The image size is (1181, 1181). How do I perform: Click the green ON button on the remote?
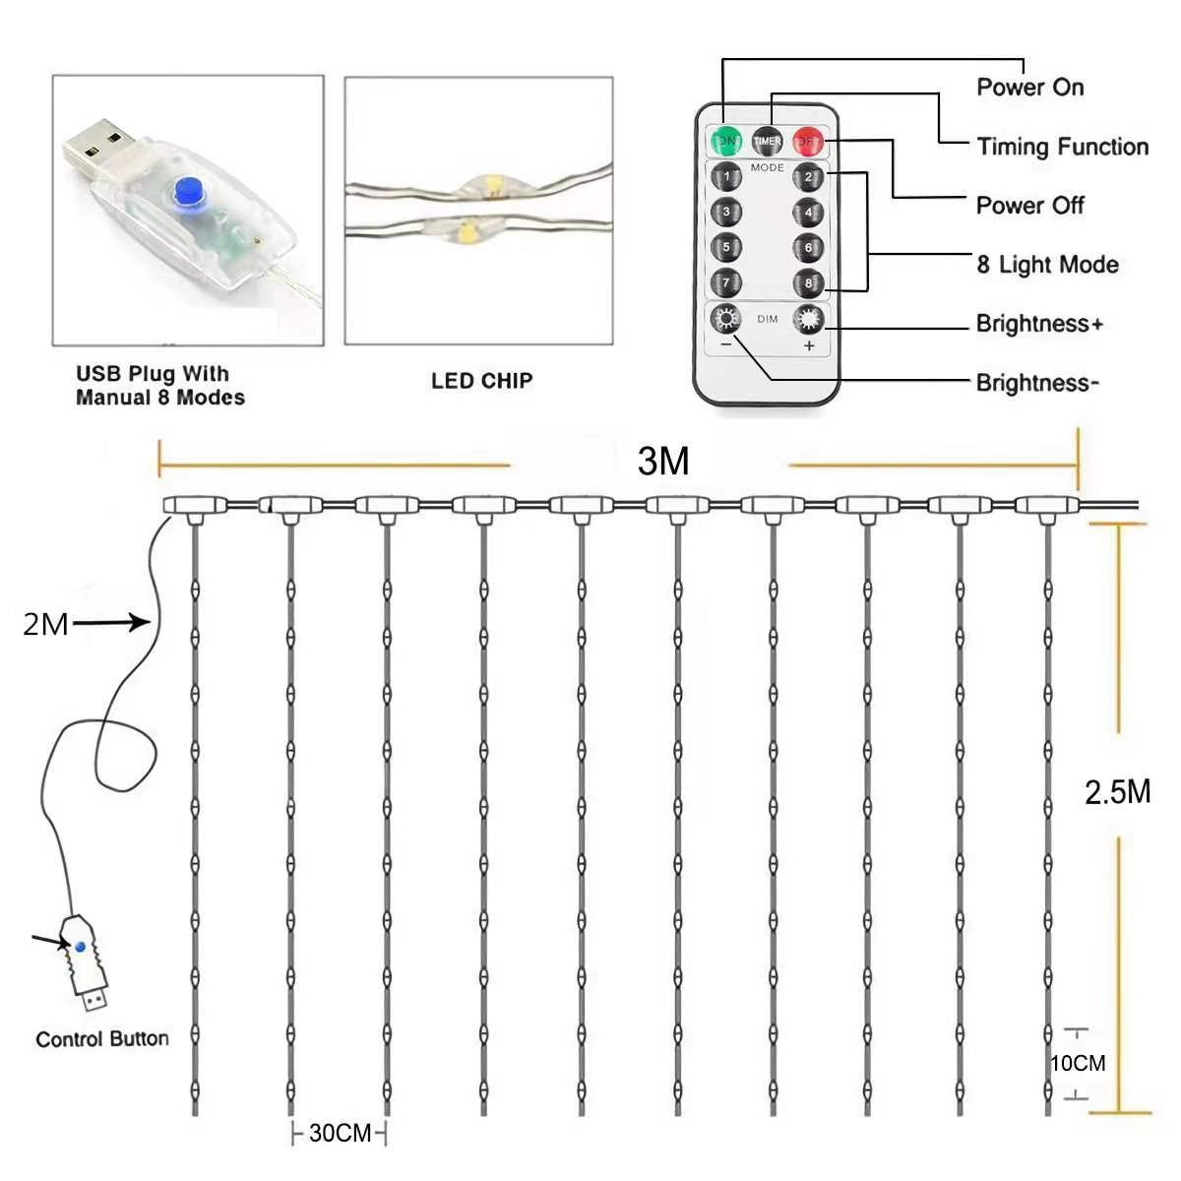click(x=726, y=141)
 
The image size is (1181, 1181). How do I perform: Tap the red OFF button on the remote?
click(x=807, y=141)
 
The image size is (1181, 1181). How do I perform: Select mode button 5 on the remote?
click(x=726, y=247)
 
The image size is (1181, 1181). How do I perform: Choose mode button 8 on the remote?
click(x=808, y=282)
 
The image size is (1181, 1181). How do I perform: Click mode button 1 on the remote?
click(x=726, y=177)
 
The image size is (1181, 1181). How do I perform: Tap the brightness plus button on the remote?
click(x=808, y=320)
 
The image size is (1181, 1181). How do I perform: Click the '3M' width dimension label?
click(x=663, y=461)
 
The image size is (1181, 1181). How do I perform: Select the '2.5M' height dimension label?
click(x=1117, y=791)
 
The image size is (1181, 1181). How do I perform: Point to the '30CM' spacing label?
click(x=340, y=1133)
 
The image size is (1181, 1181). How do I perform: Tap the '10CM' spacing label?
click(x=1078, y=1063)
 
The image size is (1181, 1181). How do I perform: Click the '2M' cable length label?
click(x=45, y=624)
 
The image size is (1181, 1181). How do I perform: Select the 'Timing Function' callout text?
click(x=1062, y=147)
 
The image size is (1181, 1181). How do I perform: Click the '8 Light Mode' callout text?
click(x=1047, y=264)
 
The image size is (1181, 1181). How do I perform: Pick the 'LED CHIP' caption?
click(x=481, y=381)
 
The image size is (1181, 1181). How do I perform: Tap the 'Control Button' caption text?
click(x=102, y=1039)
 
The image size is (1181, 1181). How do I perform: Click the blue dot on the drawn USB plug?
click(x=80, y=947)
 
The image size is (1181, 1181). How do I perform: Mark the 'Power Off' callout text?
click(x=1029, y=205)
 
